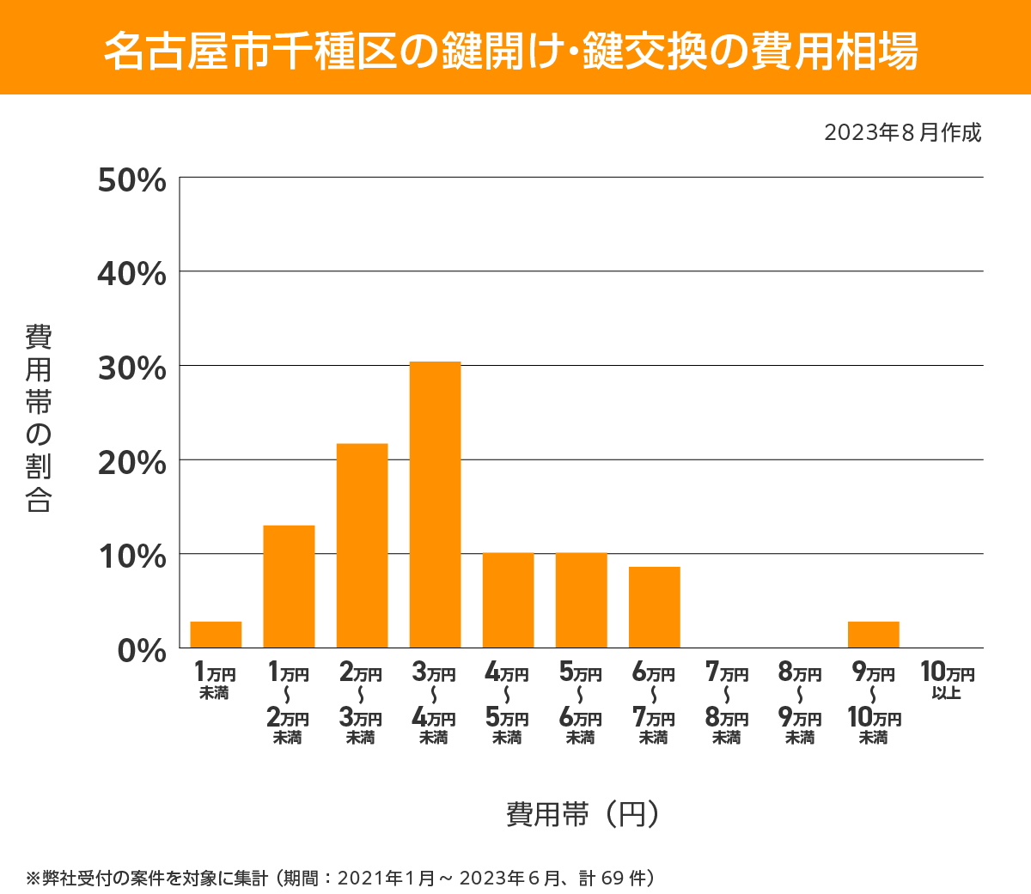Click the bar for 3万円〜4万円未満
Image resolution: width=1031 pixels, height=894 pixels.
coord(435,505)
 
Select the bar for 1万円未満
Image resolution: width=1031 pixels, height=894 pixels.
coord(216,635)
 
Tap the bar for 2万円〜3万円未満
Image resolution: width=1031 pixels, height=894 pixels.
coord(362,545)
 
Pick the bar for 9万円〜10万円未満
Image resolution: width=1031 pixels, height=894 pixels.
coord(873,635)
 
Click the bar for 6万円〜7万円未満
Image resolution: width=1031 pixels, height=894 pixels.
coord(654,607)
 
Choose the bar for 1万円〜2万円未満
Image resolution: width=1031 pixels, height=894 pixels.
coord(289,587)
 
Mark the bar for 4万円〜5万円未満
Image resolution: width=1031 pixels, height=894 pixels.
coord(508,600)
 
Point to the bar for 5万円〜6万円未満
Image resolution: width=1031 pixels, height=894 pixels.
coord(581,600)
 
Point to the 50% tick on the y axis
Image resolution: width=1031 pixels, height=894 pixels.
coord(131,180)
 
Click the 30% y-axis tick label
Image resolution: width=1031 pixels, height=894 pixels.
coord(131,368)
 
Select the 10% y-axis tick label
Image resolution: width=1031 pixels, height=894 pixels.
coord(131,556)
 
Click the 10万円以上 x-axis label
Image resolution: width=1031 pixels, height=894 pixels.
coord(947,681)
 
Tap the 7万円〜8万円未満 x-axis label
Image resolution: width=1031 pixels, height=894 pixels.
coord(727,703)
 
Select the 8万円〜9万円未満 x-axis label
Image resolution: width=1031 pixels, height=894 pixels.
coord(800,703)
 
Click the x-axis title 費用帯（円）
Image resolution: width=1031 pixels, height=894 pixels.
coord(583,813)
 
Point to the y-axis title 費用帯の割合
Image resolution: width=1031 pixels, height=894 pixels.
coord(39,418)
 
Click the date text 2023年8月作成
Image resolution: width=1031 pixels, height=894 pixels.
coord(902,133)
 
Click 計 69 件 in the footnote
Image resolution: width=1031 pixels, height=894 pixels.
coord(616,878)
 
